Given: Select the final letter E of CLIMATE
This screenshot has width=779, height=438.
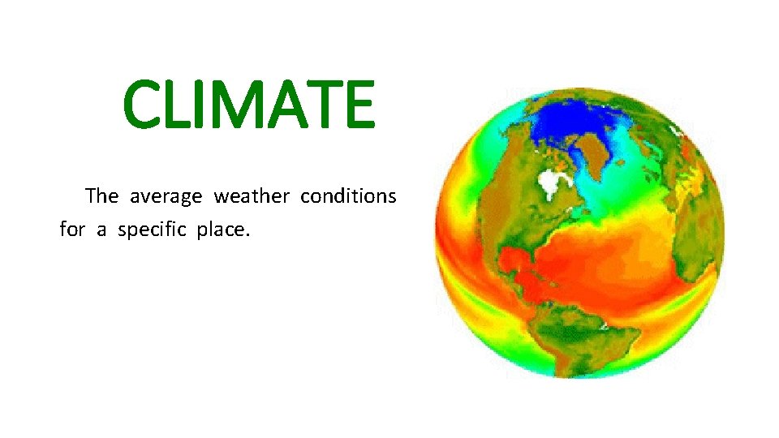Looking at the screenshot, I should point(357,105).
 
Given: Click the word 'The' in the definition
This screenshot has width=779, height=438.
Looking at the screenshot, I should point(101,196).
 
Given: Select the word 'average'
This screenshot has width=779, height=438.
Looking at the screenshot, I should point(167,197).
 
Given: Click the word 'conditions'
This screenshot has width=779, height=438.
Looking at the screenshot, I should point(348,196).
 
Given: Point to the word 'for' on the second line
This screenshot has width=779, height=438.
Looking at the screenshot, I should point(72,230).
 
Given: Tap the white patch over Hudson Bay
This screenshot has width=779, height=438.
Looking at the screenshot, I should point(554,183).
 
